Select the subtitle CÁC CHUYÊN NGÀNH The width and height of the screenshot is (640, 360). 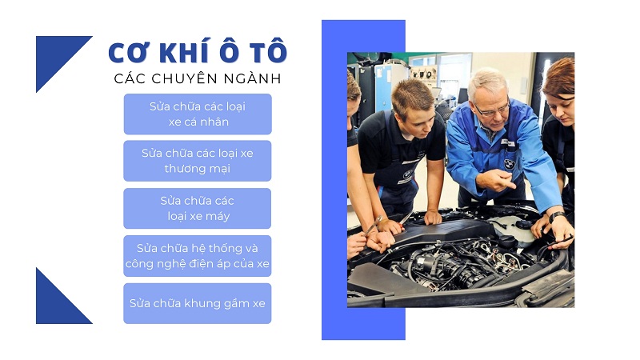coord(198,78)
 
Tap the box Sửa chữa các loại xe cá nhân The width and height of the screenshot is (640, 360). coord(198,114)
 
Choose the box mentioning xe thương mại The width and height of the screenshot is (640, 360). coord(198,161)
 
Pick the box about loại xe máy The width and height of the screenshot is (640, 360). coord(198,208)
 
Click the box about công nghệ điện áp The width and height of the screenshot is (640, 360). coord(198,256)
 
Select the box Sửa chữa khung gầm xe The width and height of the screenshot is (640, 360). coord(198,303)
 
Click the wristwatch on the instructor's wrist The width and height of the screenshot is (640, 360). coord(557,216)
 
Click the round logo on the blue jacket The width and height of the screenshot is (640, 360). coord(509,164)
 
